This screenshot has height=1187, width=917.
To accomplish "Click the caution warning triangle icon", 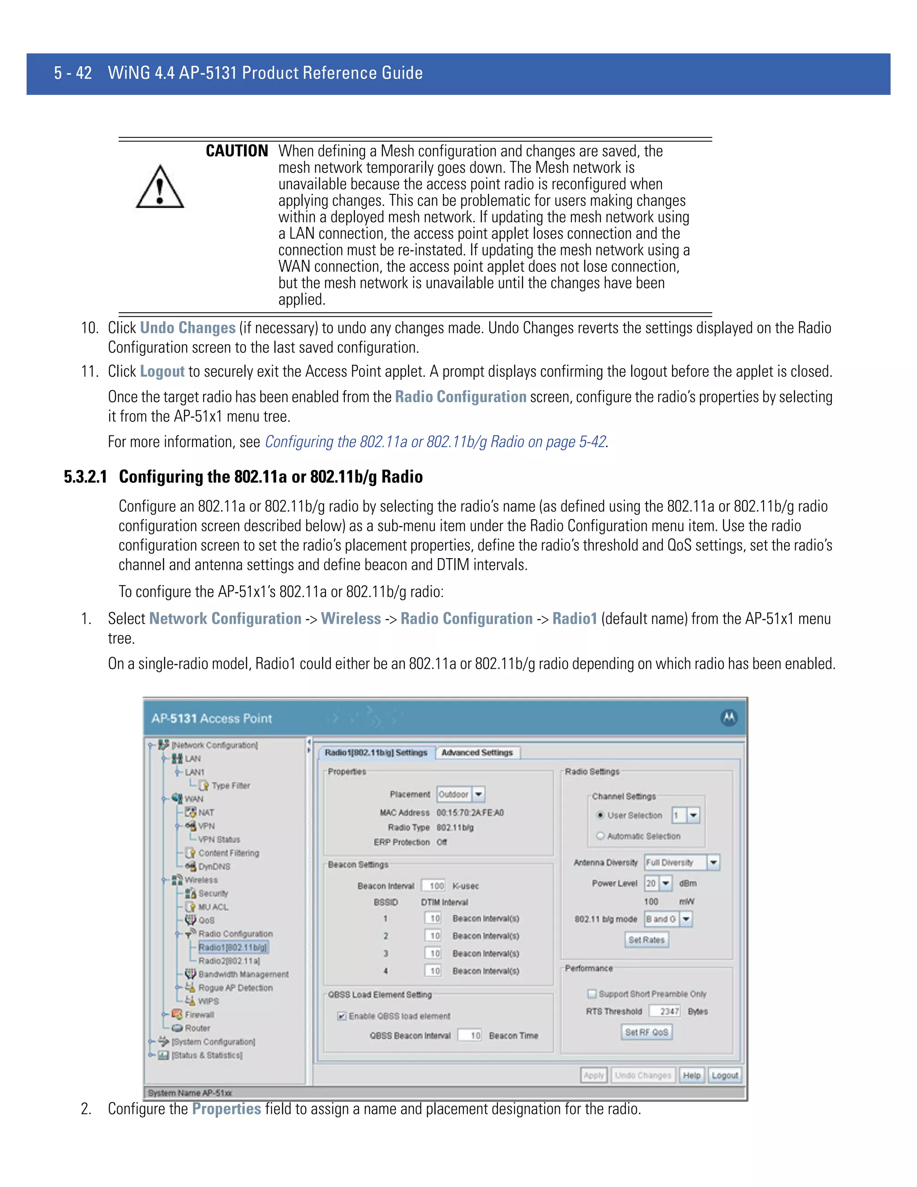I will coord(160,188).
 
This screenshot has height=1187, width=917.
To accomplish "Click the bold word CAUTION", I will coord(237,151).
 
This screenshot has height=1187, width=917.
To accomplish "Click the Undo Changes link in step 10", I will coord(188,328).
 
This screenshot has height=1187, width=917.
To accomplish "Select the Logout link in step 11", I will coord(162,371).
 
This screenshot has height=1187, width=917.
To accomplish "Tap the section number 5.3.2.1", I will coord(85,477).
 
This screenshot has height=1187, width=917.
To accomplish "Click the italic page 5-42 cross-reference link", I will coord(435,442).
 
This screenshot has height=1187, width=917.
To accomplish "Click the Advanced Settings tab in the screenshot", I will coord(477,753).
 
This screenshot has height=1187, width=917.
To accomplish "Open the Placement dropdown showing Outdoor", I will coord(478,795).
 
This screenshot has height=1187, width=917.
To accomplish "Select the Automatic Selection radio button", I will coord(600,836).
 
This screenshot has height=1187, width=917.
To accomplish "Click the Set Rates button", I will coord(646,940).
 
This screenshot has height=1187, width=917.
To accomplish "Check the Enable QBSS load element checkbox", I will coord(342,1016).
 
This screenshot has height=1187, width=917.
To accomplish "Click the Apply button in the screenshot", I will coord(593,1075).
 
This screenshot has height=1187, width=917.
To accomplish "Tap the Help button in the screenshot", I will coord(691,1075).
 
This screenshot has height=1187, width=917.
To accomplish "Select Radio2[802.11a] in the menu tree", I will coord(229,961).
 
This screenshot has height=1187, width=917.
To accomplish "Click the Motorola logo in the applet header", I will coord(728,718).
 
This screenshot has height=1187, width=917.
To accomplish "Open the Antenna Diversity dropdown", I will coord(713,863).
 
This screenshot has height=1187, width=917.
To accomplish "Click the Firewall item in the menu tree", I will coord(199,1015).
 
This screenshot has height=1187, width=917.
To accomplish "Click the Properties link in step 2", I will coord(227,1109).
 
